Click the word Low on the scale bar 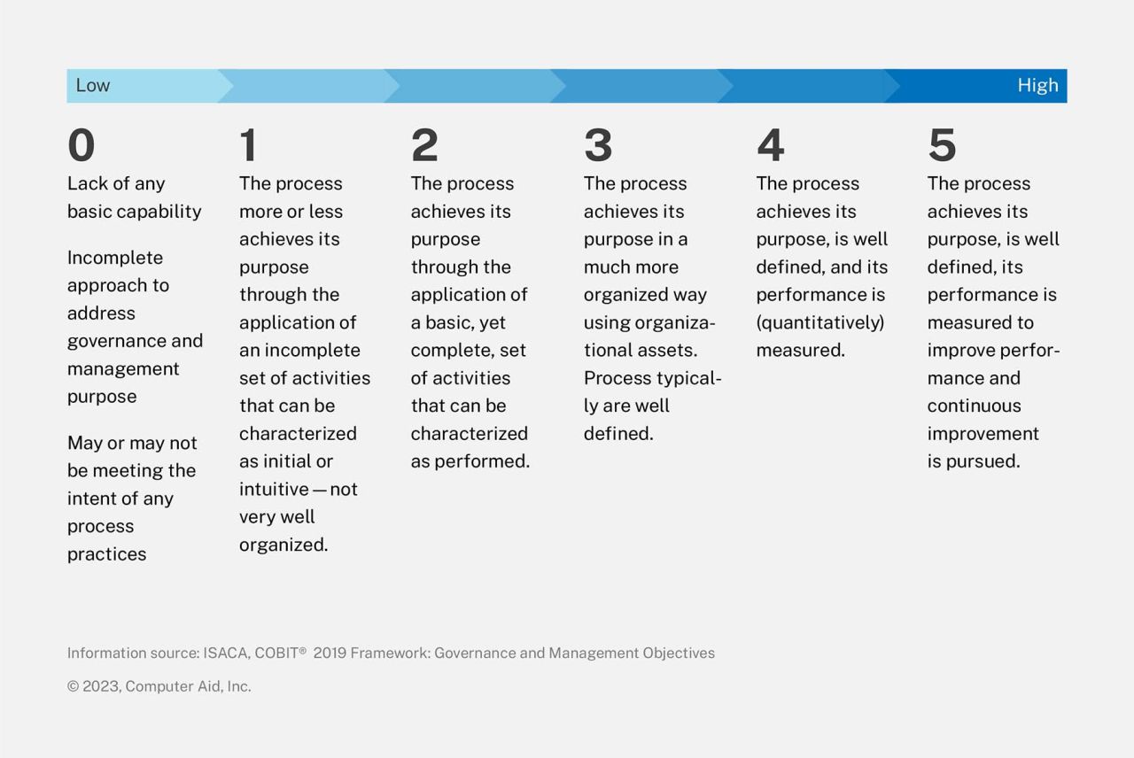pyautogui.click(x=93, y=86)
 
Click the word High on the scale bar pyautogui.click(x=1037, y=86)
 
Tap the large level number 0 pyautogui.click(x=81, y=145)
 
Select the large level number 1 pyautogui.click(x=249, y=145)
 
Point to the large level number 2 pyautogui.click(x=424, y=145)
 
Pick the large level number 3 pyautogui.click(x=598, y=145)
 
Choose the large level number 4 pyautogui.click(x=770, y=145)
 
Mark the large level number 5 pyautogui.click(x=942, y=145)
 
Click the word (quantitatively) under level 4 pyautogui.click(x=819, y=322)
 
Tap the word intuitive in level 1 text pyautogui.click(x=274, y=489)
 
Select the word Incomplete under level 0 pyautogui.click(x=115, y=258)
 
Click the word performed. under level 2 pyautogui.click(x=489, y=461)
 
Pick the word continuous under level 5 pyautogui.click(x=974, y=406)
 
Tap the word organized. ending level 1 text pyautogui.click(x=283, y=545)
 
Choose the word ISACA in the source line pyautogui.click(x=225, y=654)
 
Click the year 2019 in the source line pyautogui.click(x=330, y=654)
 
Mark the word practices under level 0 pyautogui.click(x=106, y=554)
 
